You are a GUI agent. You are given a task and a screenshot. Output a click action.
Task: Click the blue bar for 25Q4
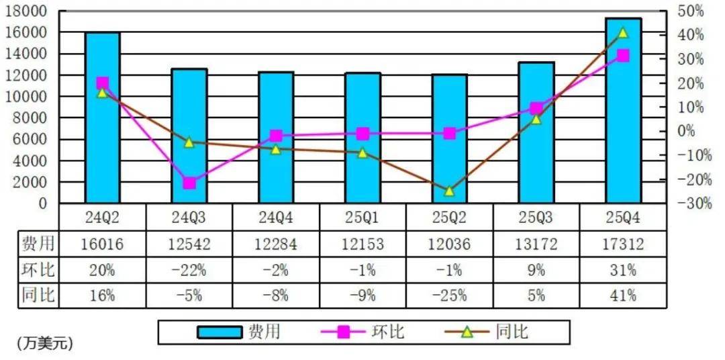[623, 111]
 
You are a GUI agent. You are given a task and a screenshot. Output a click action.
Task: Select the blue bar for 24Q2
[103, 118]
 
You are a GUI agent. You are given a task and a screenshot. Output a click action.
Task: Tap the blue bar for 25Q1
[363, 138]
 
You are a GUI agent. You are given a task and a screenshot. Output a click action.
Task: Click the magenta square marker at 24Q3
[189, 183]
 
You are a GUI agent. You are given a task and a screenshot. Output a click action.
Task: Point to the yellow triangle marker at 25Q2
[449, 191]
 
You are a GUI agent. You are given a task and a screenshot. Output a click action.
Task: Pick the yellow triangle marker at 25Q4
[623, 32]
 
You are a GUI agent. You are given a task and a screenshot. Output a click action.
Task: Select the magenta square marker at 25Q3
[536, 108]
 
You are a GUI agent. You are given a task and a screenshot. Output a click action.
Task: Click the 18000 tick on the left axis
[28, 11]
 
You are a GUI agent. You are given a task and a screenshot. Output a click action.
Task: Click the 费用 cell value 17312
[623, 244]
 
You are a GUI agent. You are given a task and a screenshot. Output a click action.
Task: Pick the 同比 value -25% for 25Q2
[449, 295]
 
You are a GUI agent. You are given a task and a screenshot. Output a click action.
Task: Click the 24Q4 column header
[276, 218]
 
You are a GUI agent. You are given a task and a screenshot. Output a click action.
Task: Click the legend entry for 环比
[362, 331]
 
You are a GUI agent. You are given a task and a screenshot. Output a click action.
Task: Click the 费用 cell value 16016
[103, 244]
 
